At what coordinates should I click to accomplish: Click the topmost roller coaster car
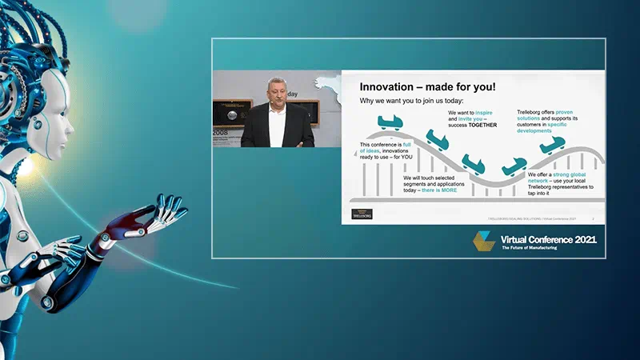pyautogui.click(x=389, y=122)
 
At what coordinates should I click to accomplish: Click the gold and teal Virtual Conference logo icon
pyautogui.click(x=482, y=242)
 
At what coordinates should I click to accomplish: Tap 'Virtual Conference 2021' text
pyautogui.click(x=548, y=239)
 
